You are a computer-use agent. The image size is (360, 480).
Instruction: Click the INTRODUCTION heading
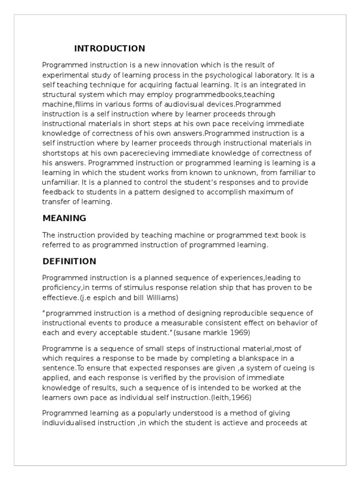[110, 49]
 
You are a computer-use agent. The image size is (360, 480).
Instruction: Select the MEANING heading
[64, 218]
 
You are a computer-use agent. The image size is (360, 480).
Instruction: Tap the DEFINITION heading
[69, 262]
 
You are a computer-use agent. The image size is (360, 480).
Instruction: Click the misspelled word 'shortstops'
[60, 153]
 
